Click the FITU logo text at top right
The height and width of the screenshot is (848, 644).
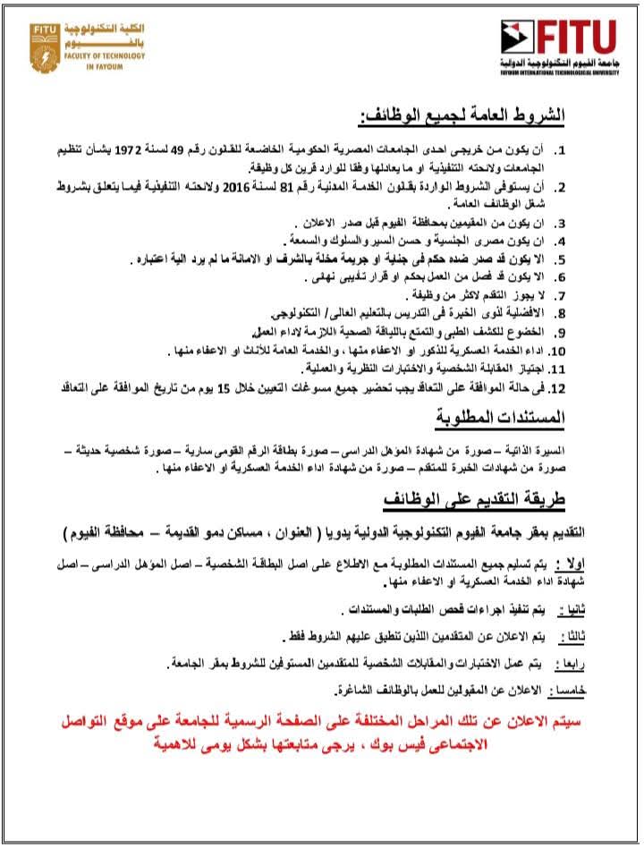point(577,37)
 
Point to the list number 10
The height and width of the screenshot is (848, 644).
point(558,351)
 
